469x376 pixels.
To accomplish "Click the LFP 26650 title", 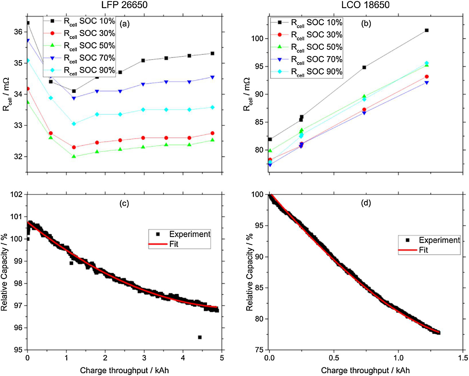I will pos(124,5).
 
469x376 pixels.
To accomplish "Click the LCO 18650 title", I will pos(365,5).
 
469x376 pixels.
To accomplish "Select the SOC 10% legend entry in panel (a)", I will pos(79,21).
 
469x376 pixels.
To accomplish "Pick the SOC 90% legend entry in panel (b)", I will pos(307,72).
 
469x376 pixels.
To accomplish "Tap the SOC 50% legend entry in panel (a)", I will pos(79,46).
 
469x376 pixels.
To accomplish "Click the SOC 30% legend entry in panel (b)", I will pos(307,35).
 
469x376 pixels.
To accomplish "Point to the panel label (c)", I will pos(124,203).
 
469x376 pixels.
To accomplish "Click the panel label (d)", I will pos(366,203).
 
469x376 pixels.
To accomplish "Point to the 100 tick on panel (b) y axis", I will pos(257,39).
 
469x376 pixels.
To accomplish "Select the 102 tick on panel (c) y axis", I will pos(16,195).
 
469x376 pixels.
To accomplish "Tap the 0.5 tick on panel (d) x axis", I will pos(334,358).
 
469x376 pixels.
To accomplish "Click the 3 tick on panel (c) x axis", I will pos(144,358).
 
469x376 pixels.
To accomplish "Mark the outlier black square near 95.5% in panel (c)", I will pos(200,337).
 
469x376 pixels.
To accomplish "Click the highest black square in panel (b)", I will pos(427,30).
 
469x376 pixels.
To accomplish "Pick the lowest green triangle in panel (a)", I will pos(74,156).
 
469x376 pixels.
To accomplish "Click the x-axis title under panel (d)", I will pos(365,370).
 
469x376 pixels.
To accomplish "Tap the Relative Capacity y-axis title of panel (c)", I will pos(4,272).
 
